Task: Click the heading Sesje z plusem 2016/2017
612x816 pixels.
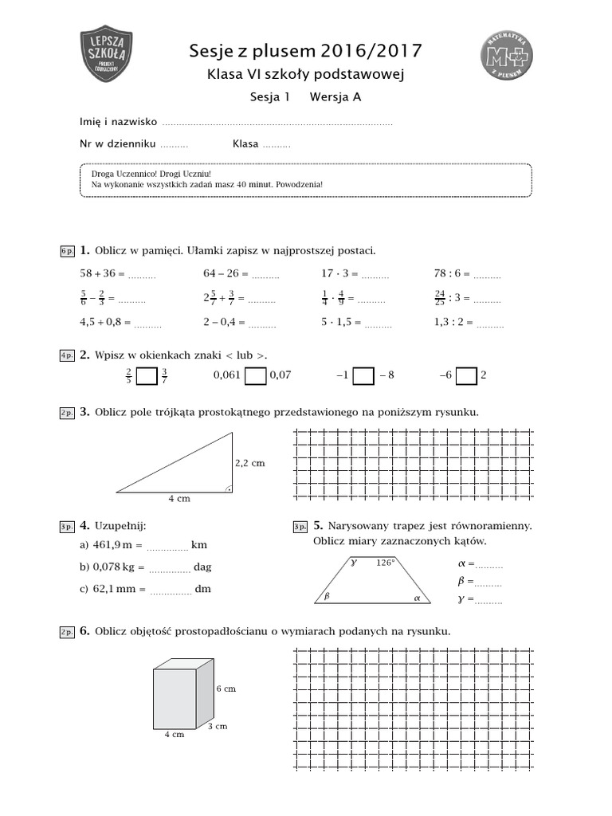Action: (x=305, y=53)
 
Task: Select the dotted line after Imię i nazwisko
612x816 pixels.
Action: (x=277, y=124)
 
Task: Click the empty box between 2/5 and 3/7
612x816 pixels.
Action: (x=147, y=375)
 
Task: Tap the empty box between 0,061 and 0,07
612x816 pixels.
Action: (x=255, y=375)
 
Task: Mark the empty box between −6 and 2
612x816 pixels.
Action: (x=466, y=375)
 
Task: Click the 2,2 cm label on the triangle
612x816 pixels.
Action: (x=249, y=462)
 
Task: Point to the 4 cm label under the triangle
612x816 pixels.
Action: (x=178, y=499)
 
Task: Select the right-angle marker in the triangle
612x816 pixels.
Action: (x=228, y=488)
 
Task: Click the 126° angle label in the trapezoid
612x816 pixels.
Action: (x=386, y=563)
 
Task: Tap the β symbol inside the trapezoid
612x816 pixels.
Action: (x=327, y=595)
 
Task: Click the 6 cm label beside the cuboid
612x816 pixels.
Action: (x=226, y=688)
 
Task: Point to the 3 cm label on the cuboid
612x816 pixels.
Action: (x=218, y=726)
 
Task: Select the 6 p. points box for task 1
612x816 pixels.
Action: (x=67, y=251)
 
